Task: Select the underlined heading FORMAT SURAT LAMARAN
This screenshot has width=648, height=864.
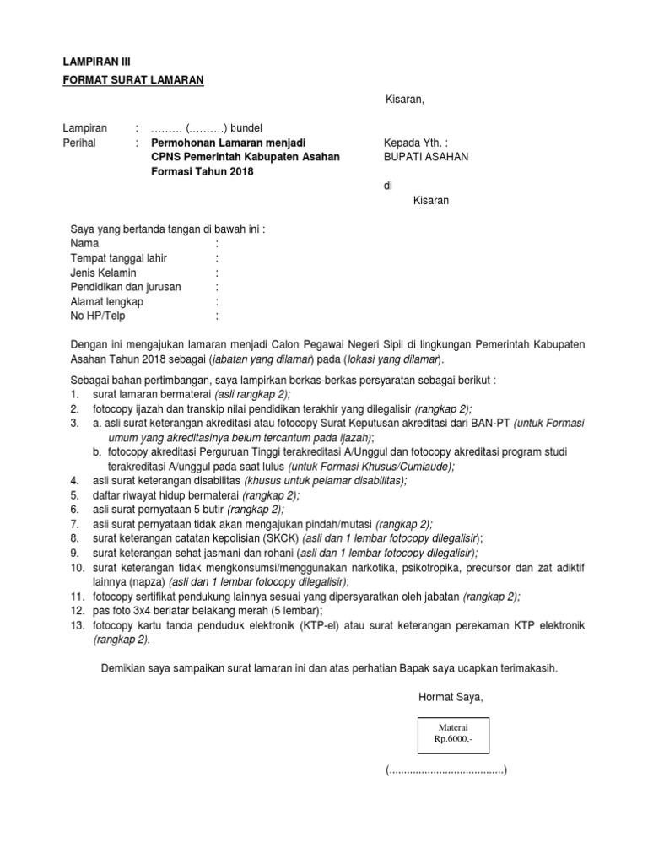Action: [133, 80]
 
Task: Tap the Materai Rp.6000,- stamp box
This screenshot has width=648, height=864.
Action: [451, 732]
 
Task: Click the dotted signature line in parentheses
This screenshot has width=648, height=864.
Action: [446, 771]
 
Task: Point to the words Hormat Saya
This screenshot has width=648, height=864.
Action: [451, 697]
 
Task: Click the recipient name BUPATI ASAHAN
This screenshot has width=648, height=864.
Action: [426, 157]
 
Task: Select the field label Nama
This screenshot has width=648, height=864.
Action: [85, 243]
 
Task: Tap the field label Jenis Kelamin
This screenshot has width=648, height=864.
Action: [104, 273]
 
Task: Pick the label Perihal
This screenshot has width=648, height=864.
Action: [79, 143]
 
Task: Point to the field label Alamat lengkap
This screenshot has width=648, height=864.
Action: [107, 301]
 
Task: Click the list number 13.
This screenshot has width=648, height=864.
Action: [78, 625]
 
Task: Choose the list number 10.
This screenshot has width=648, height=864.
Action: [78, 567]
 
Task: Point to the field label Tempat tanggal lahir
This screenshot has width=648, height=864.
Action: [118, 257]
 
